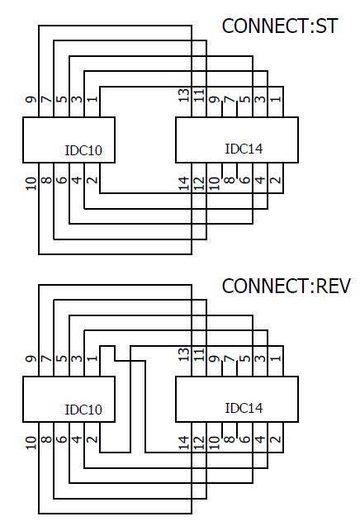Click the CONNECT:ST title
tap(279, 26)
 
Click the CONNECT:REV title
tap(286, 287)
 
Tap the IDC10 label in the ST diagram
tap(83, 150)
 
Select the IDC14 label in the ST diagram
tap(244, 149)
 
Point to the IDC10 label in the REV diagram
tap(83, 410)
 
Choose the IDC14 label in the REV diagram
tap(244, 408)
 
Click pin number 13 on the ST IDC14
tap(183, 95)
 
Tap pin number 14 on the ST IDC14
tap(183, 183)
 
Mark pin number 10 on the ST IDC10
tap(31, 183)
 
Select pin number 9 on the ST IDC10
tap(31, 100)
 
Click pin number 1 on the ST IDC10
tap(92, 99)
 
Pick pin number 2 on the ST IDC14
tap(276, 179)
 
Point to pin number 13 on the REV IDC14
tap(183, 354)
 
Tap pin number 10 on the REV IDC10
tap(31, 443)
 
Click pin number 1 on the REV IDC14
tap(276, 358)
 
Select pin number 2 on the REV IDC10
tap(92, 439)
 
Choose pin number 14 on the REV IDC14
tap(183, 443)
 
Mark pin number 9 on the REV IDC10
tap(31, 359)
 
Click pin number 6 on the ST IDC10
tap(61, 179)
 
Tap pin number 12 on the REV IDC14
tap(199, 443)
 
